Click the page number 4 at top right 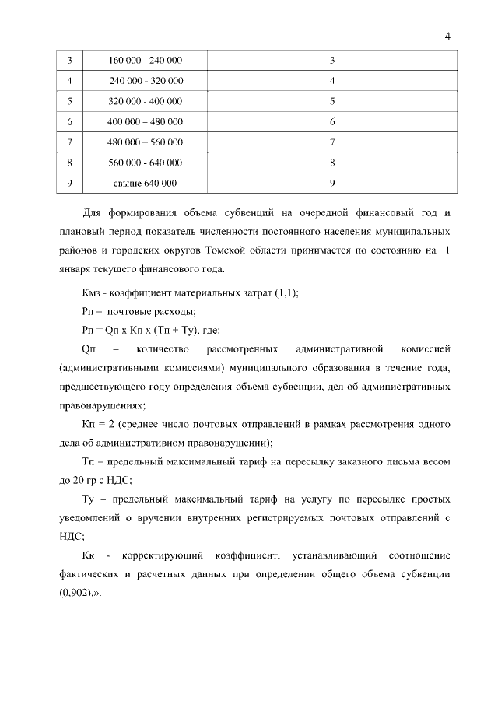pyautogui.click(x=447, y=35)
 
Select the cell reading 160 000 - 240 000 pyautogui.click(x=146, y=61)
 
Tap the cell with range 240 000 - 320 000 pyautogui.click(x=146, y=81)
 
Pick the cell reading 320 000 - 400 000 pyautogui.click(x=146, y=101)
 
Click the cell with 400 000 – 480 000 pyautogui.click(x=146, y=122)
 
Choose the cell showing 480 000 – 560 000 pyautogui.click(x=146, y=142)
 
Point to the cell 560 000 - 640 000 pyautogui.click(x=146, y=163)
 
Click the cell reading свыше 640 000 pyautogui.click(x=146, y=183)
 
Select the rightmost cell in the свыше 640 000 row pyautogui.click(x=332, y=183)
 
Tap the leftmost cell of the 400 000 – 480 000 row pyautogui.click(x=70, y=122)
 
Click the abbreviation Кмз pyautogui.click(x=93, y=292)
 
